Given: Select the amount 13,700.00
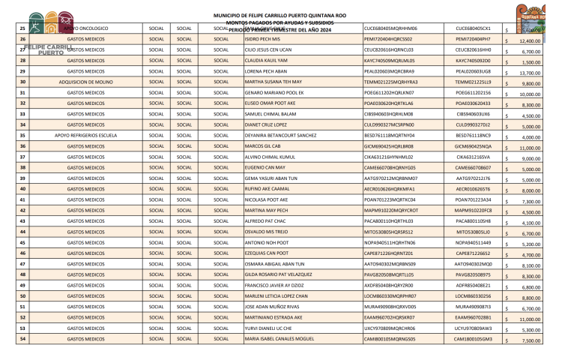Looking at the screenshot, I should click(530, 73).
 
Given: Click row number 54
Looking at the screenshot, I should click(22, 340).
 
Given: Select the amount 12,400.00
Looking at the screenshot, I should click(530, 41).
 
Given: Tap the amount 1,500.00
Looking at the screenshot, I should click(531, 63).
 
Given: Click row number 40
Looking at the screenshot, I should click(22, 190).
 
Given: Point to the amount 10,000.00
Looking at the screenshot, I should click(530, 95).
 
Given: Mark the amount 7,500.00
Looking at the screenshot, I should click(531, 340).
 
